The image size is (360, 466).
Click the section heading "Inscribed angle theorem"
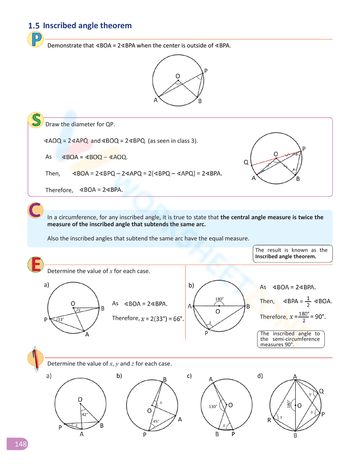coord(87,26)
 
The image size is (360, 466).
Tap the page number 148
coord(21,444)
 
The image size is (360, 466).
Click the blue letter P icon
coord(36,39)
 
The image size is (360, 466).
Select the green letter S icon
coord(36,120)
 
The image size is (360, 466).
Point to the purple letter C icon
coord(35,210)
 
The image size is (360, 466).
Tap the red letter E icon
coord(36,265)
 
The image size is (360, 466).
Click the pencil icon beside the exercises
coord(35,359)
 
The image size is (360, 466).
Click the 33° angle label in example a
coord(60,319)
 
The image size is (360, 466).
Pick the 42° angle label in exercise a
coord(85,415)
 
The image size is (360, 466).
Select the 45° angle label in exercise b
coord(156,421)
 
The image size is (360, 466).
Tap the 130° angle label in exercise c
coord(213,407)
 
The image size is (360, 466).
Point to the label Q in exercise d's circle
coord(321,391)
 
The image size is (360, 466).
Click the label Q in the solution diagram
coord(246,162)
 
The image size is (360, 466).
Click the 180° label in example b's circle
coord(219,299)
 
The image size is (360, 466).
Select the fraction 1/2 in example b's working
coord(308,302)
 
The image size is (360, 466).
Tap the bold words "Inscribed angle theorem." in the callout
coord(285,256)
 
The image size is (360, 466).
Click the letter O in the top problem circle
coord(177,76)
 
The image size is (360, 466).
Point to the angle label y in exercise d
coord(310,394)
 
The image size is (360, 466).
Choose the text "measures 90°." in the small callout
coord(277,345)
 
